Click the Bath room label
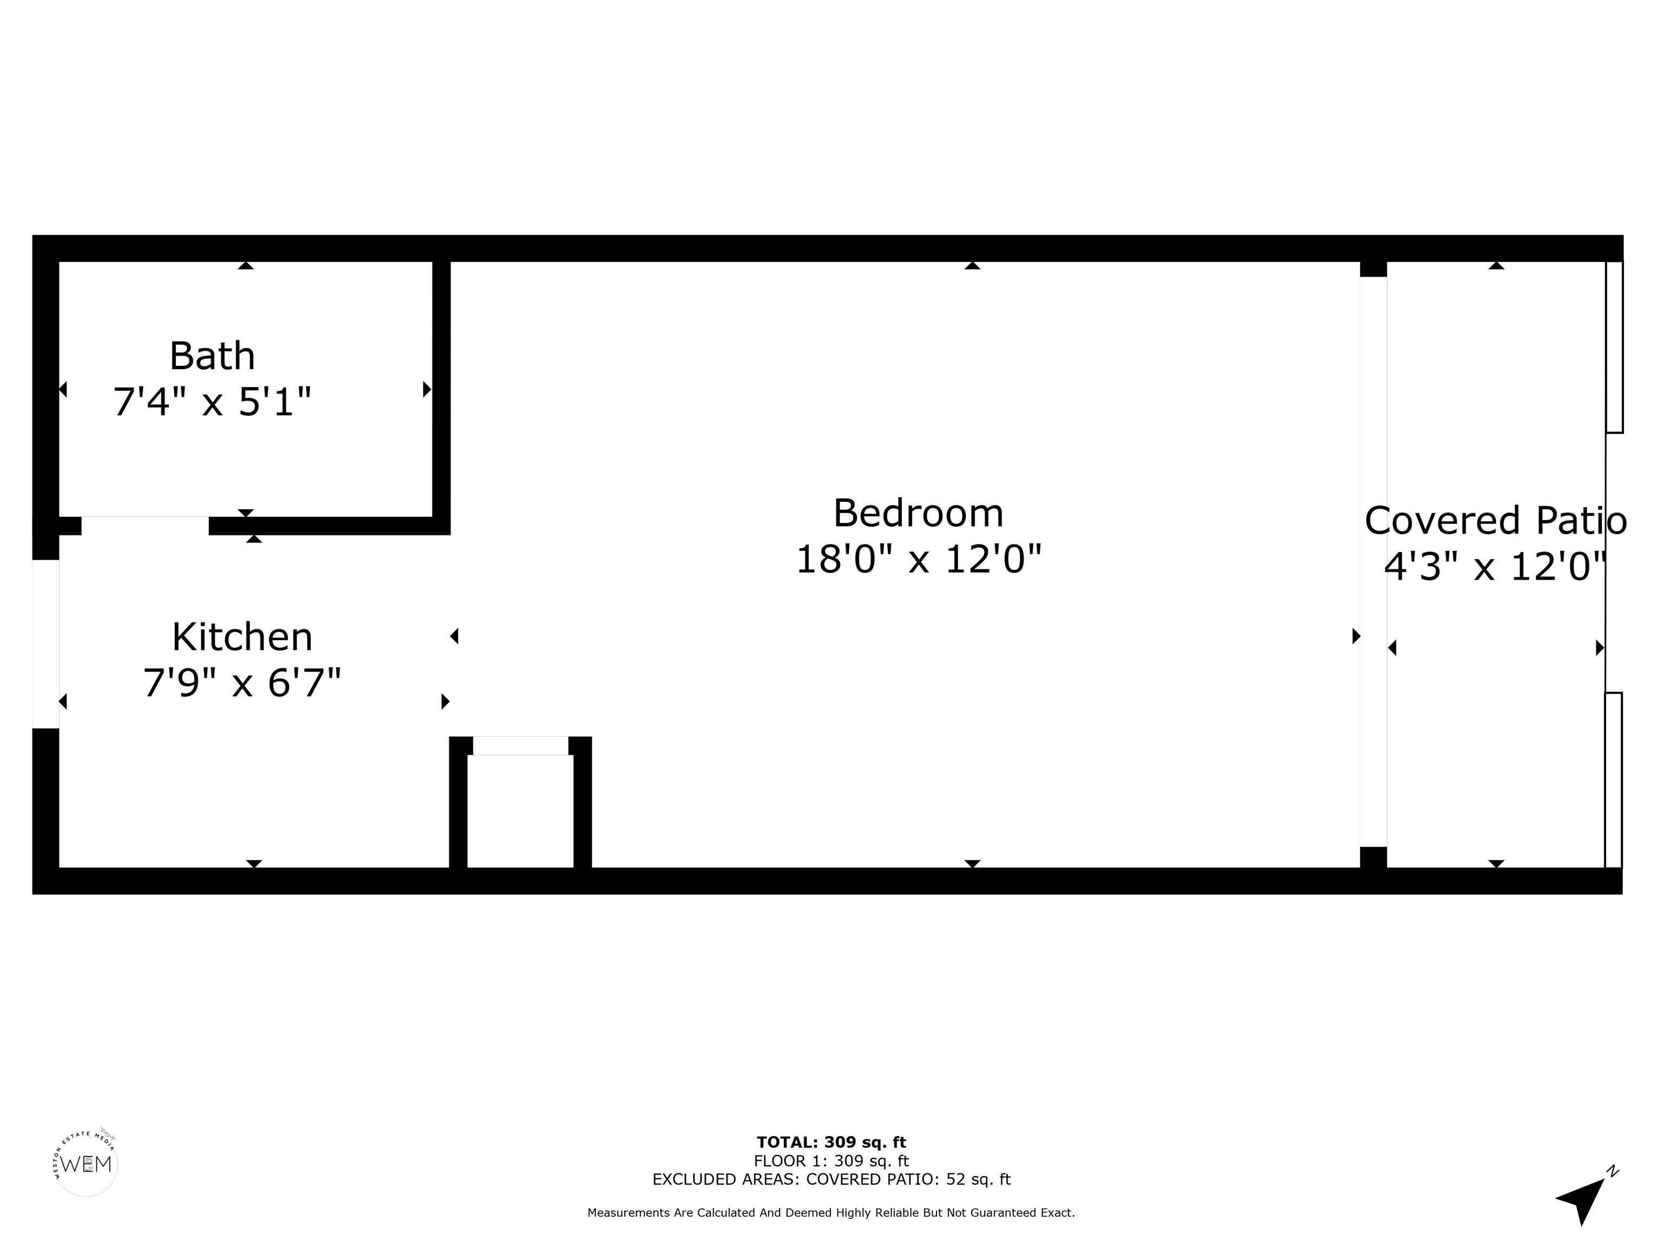[x=212, y=356]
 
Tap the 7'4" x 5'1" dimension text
[x=212, y=402]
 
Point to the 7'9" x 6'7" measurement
[x=242, y=683]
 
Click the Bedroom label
[x=918, y=514]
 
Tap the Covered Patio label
[x=1495, y=520]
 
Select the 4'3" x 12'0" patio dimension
[x=1495, y=567]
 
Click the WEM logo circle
[x=87, y=1164]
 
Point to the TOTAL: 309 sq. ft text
[x=831, y=1143]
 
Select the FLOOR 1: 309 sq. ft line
[x=831, y=1160]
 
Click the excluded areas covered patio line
[x=831, y=1179]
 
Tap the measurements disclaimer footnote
[x=831, y=1212]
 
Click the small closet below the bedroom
[x=520, y=810]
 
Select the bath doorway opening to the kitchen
[x=145, y=526]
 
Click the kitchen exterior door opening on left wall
[x=45, y=644]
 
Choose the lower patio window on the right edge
[x=1613, y=779]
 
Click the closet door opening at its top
[x=520, y=746]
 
